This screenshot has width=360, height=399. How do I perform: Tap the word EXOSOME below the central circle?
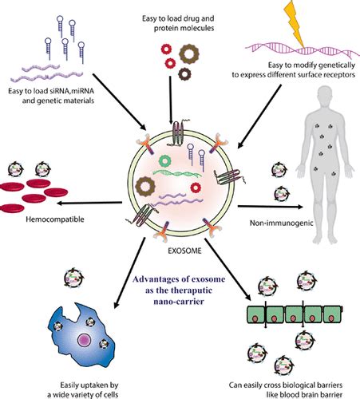pos(184,251)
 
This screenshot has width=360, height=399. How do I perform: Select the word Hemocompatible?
pos(55,219)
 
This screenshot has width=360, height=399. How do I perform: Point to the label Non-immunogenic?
pos(281,223)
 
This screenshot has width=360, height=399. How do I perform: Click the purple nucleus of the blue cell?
pos(85,340)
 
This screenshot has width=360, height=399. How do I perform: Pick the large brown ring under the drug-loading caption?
pos(189,54)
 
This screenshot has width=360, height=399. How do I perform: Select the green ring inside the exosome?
pos(164,160)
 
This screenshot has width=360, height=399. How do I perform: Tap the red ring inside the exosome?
pos(196,188)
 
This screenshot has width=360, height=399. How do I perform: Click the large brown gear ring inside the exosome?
pos(145,186)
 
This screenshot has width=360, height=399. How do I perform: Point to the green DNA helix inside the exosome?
pos(177,173)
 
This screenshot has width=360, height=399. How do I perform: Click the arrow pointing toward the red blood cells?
pos(89,203)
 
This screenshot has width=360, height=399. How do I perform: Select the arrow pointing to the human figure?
pos(271,207)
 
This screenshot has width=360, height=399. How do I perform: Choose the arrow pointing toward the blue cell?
pos(129,273)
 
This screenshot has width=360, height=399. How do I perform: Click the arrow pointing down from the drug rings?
pos(171,100)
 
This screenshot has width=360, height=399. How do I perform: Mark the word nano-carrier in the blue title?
pos(179,302)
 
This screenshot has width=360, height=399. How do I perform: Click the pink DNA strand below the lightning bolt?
pos(303,50)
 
